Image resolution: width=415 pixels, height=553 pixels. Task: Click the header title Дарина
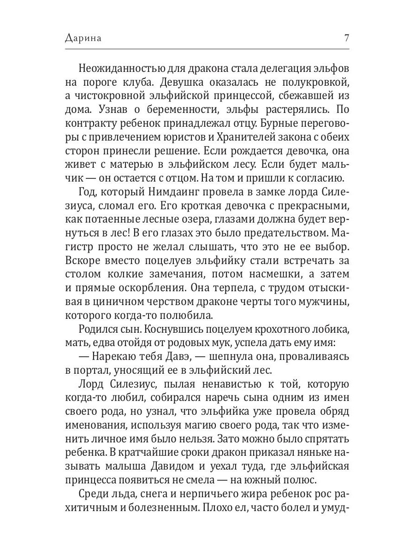pos(83,39)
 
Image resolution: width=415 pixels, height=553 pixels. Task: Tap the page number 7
pos(346,39)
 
